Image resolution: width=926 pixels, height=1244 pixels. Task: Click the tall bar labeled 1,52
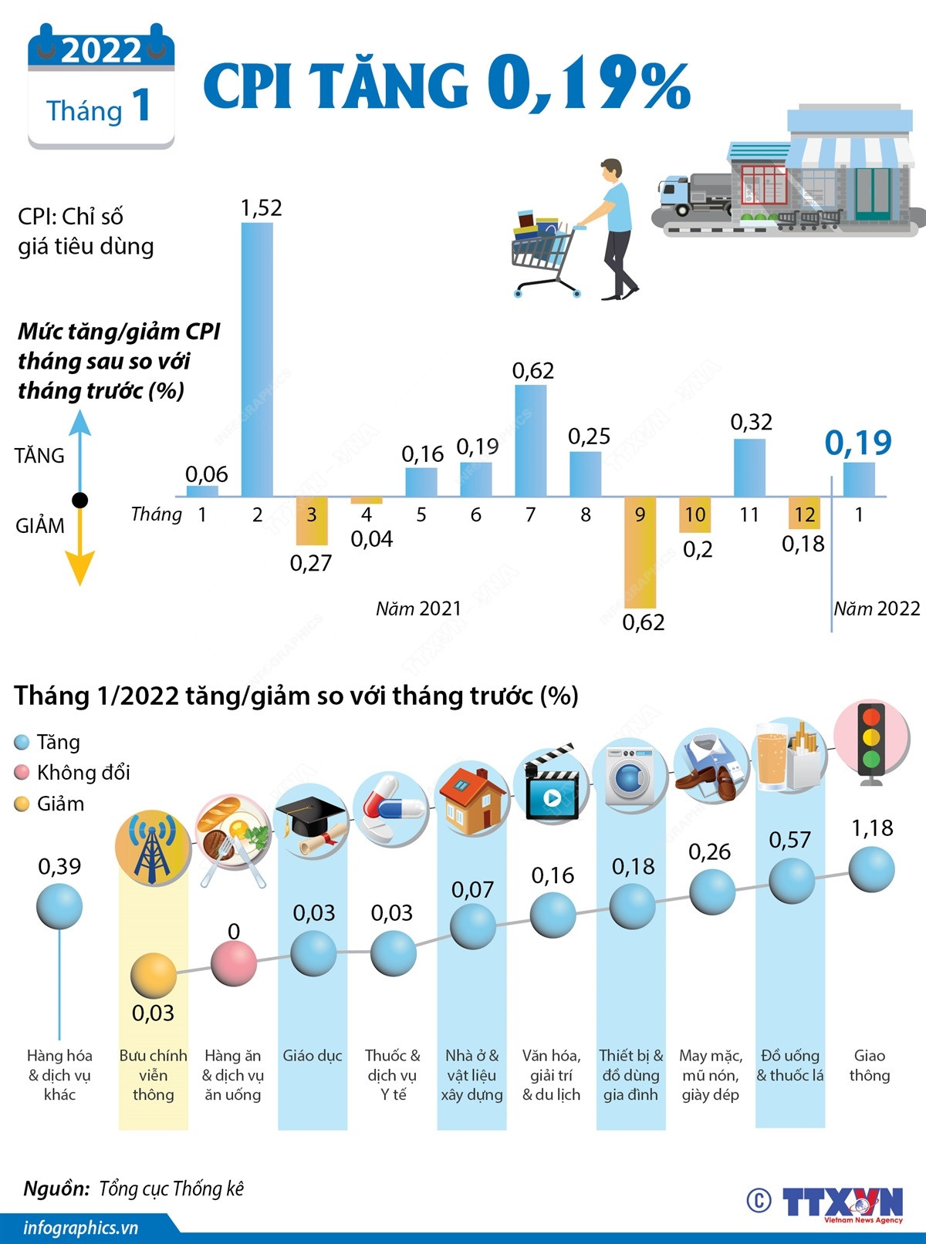pyautogui.click(x=257, y=359)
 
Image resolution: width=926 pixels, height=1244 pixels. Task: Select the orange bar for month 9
pyautogui.click(x=640, y=551)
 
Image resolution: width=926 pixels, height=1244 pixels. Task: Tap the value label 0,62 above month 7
pyautogui.click(x=533, y=371)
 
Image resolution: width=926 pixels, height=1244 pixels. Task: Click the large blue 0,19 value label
pyautogui.click(x=858, y=443)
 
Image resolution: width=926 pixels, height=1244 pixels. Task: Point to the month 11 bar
pyautogui.click(x=749, y=467)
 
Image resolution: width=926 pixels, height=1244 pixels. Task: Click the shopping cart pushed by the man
pyautogui.click(x=544, y=255)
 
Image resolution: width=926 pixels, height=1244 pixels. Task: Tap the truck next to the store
pyautogui.click(x=693, y=194)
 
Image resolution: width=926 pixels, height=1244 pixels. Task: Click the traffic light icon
pyautogui.click(x=871, y=740)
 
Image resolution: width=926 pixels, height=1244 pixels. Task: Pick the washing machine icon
pyautogui.click(x=630, y=775)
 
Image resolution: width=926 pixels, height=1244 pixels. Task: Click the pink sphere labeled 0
pyautogui.click(x=234, y=962)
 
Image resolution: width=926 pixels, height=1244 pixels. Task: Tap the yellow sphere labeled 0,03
pyautogui.click(x=154, y=976)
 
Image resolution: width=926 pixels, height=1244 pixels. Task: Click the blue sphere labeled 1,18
pyautogui.click(x=871, y=869)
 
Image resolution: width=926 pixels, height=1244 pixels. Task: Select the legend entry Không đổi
pyautogui.click(x=83, y=773)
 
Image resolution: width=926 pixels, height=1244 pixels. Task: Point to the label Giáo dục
pyautogui.click(x=312, y=1056)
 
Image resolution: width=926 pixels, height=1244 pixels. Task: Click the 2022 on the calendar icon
pyautogui.click(x=101, y=51)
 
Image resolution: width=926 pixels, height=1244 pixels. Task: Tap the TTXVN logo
pyautogui.click(x=841, y=1202)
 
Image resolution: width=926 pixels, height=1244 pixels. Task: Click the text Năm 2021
pyautogui.click(x=418, y=609)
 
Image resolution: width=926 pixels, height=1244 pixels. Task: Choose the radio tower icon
pyautogui.click(x=152, y=846)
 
